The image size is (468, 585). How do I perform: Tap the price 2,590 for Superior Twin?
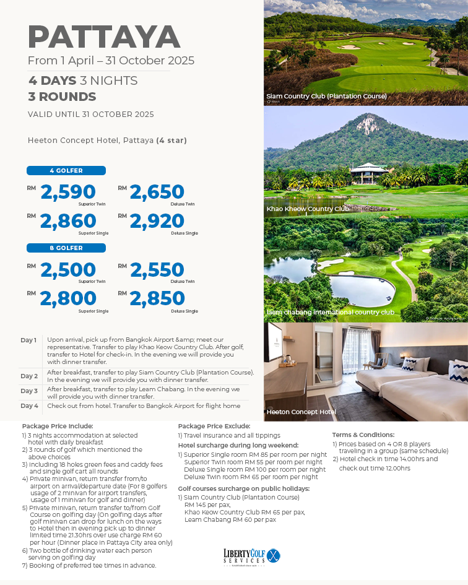pos(68,192)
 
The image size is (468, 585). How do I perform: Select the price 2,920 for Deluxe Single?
pos(157,221)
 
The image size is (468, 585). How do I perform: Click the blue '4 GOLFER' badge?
pos(66,171)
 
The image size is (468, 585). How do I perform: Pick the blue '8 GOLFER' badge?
pos(66,248)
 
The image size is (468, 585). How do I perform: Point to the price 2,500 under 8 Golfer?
pos(68,270)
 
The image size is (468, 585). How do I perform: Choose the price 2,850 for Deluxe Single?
pos(157,298)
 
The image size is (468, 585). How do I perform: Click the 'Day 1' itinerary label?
pos(28,340)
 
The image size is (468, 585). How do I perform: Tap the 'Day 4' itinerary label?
pos(29,406)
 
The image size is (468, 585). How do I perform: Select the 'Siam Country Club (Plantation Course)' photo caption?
pos(326,96)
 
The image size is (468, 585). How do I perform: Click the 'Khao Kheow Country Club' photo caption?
pos(308,209)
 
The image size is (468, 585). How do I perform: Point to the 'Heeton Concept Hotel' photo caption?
pos(301,412)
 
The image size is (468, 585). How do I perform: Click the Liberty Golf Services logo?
pos(252,555)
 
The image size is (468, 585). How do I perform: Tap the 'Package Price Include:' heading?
pos(57,426)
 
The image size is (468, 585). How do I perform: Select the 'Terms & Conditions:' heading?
pos(363,435)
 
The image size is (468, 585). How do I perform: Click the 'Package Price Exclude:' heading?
pos(214,426)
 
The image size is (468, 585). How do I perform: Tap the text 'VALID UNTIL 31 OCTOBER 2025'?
pos(90,114)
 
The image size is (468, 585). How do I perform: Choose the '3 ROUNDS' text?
pos(62,97)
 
